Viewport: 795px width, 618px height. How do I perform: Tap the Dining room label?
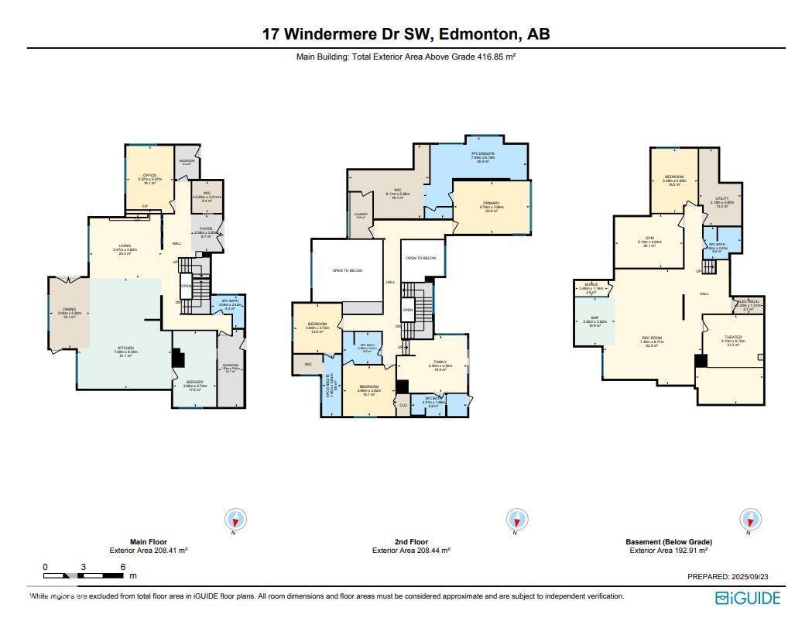[x=70, y=310]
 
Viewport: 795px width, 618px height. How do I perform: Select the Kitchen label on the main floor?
[x=125, y=348]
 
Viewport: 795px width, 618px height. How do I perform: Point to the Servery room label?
[x=194, y=383]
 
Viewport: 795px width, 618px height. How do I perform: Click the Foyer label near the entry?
[x=206, y=229]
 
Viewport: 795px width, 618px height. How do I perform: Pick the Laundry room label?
[x=361, y=215]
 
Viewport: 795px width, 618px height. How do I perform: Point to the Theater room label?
[x=732, y=338]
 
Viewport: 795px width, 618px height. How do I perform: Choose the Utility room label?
[x=721, y=199]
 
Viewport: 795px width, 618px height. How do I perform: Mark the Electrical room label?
[x=748, y=301]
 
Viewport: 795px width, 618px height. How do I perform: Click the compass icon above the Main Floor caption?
[x=235, y=519]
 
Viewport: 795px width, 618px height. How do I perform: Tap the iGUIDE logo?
[x=747, y=598]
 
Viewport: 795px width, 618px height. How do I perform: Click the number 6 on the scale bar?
[x=123, y=568]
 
